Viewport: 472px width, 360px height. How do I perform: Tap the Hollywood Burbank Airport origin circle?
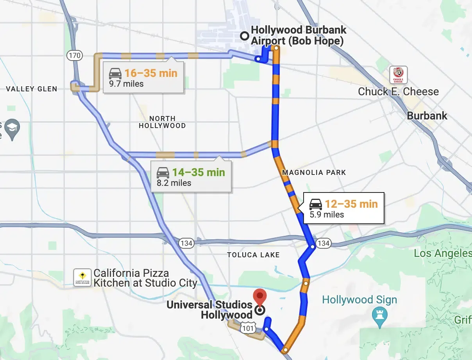[245, 36]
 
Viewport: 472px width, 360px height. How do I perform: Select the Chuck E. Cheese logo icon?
[398, 75]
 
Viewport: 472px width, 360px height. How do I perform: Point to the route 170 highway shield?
[74, 55]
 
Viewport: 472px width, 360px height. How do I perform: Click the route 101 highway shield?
[248, 328]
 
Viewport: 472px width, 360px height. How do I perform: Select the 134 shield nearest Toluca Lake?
[186, 243]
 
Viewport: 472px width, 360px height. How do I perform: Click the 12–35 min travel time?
[351, 204]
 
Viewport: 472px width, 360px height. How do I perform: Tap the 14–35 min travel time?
[199, 172]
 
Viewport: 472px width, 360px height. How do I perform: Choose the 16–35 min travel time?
[151, 73]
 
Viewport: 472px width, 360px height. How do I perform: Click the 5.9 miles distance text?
[327, 214]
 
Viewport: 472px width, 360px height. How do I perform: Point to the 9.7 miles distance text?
[126, 84]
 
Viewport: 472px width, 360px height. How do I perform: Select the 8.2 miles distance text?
[174, 183]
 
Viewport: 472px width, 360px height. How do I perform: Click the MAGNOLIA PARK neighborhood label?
[314, 172]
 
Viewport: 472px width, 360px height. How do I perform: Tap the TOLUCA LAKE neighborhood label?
[253, 255]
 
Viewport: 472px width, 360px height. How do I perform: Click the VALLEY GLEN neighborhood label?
[32, 89]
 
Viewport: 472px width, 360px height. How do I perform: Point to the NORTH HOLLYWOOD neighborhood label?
[162, 122]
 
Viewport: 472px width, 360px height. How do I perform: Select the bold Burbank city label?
[427, 116]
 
